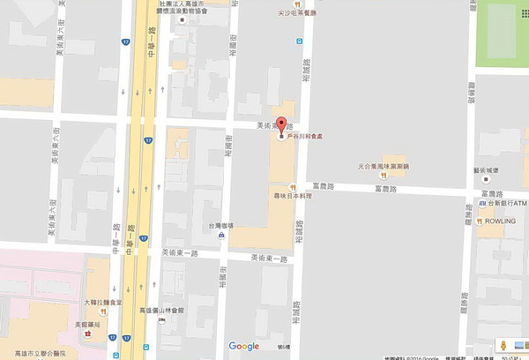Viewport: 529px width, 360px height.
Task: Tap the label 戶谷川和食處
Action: pos(308,138)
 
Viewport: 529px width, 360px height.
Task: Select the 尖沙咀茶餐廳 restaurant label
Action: pos(294,12)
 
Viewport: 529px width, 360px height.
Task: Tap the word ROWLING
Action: pos(500,221)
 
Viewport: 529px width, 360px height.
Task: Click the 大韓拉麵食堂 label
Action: pos(102,303)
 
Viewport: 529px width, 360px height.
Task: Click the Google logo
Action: pos(244,346)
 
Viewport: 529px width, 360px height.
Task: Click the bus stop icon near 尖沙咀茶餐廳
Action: pos(300,41)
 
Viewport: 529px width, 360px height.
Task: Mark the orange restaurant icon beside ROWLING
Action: pos(478,221)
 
